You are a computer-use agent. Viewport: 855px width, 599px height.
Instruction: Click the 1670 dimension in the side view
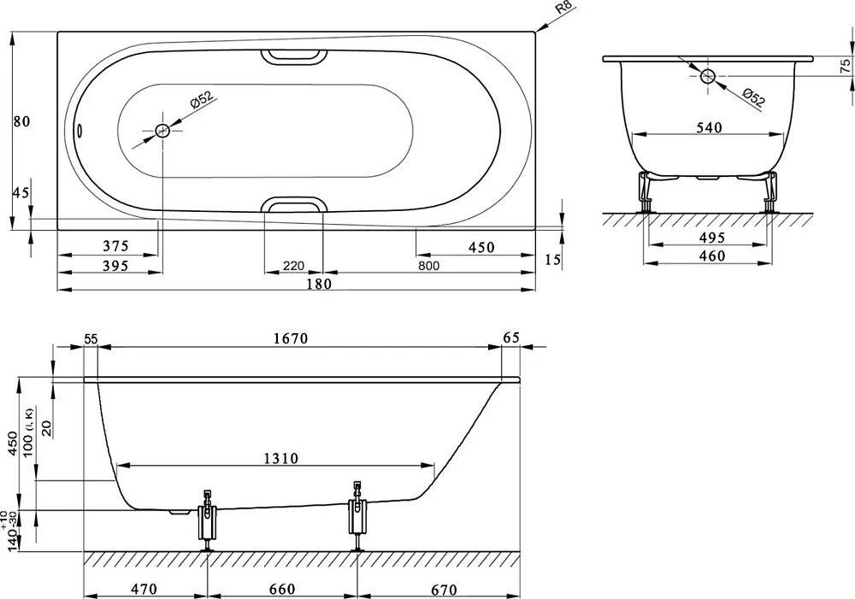click(290, 338)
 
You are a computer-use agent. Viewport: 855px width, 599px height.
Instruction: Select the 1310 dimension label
click(281, 458)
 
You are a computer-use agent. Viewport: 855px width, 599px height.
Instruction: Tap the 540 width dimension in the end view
click(709, 127)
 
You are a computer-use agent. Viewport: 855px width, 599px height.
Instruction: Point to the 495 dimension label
click(712, 238)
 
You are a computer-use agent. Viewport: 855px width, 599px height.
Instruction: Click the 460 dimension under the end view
click(712, 255)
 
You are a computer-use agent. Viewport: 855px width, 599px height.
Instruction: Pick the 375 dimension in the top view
click(115, 246)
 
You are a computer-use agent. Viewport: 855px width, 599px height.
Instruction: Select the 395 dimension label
click(115, 266)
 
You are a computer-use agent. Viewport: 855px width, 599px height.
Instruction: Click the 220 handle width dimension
click(293, 266)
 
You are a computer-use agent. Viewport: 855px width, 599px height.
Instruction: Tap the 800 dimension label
click(429, 266)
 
